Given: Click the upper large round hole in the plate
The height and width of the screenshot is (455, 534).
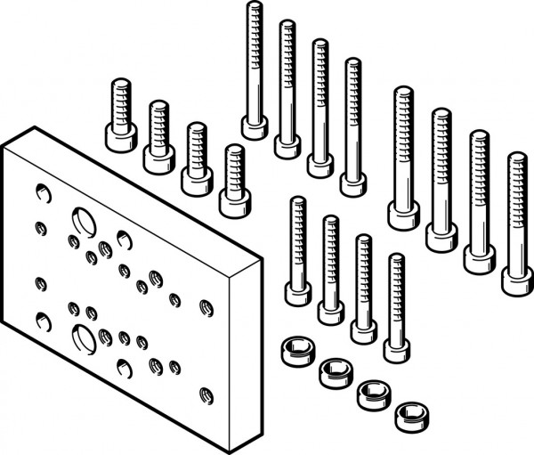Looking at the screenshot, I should tap(82, 220).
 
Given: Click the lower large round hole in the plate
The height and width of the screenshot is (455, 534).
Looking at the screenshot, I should tap(82, 337).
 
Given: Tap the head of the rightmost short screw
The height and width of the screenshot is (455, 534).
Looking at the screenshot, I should tap(233, 198).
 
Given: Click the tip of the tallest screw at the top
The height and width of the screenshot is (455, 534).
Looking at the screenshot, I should tap(255, 7).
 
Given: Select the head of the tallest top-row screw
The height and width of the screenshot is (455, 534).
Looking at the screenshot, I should tap(255, 126).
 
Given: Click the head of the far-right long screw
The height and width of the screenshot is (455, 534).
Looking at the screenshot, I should tap(517, 280).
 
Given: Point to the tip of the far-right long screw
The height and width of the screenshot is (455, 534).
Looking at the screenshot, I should tap(517, 158).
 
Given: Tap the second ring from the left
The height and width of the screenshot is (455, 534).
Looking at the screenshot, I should tap(333, 369).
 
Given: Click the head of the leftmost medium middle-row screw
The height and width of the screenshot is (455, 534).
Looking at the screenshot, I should tap(298, 292).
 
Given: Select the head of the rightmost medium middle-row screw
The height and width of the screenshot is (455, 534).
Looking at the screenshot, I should tap(397, 347).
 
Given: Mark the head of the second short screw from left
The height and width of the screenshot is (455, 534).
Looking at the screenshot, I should tap(158, 157).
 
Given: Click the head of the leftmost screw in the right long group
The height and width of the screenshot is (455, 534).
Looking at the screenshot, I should tap(403, 214).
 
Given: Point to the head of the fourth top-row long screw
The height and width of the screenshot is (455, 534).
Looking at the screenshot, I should tap(352, 182).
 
